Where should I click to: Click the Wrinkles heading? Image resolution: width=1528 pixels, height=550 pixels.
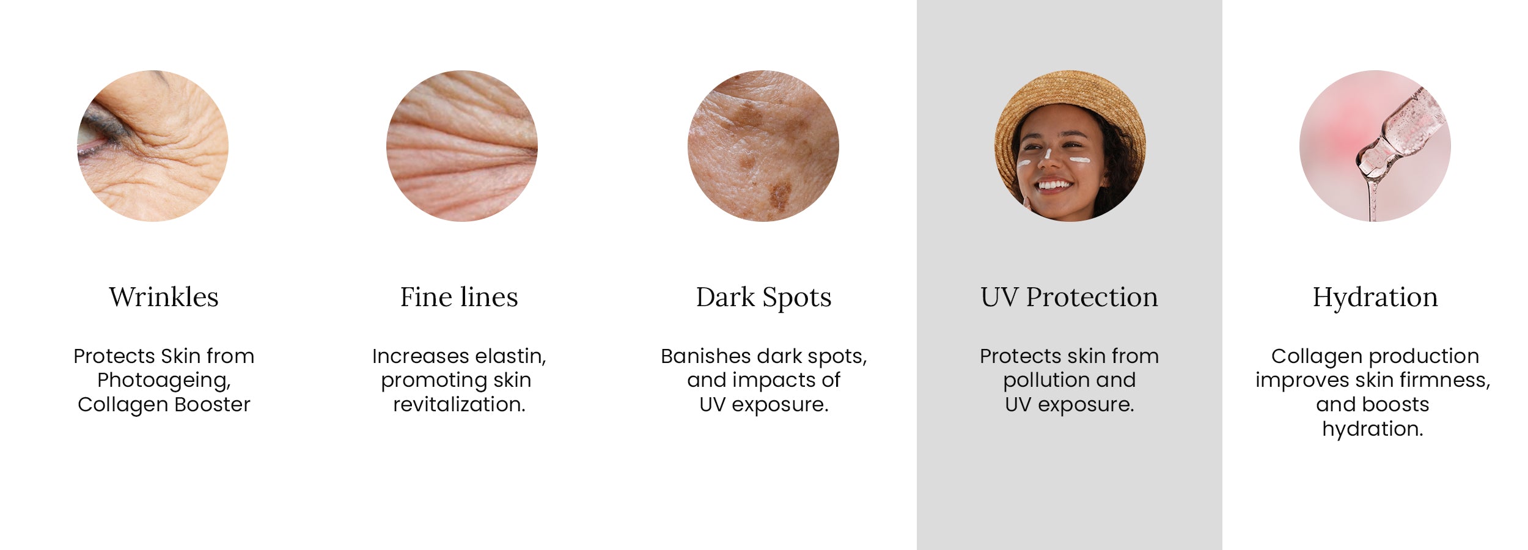(x=164, y=297)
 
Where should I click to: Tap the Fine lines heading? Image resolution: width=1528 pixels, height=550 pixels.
(x=459, y=297)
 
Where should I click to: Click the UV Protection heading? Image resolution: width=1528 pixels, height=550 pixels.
(x=1069, y=297)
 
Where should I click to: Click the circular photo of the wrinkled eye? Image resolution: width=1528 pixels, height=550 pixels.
(x=153, y=146)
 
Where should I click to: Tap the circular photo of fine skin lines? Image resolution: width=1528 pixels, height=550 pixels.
(x=462, y=146)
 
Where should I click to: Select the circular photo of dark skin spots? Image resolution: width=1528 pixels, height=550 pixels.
(x=763, y=146)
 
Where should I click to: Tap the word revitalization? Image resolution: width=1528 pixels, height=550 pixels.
(x=459, y=405)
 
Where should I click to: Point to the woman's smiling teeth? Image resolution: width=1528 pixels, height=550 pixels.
(x=1054, y=184)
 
